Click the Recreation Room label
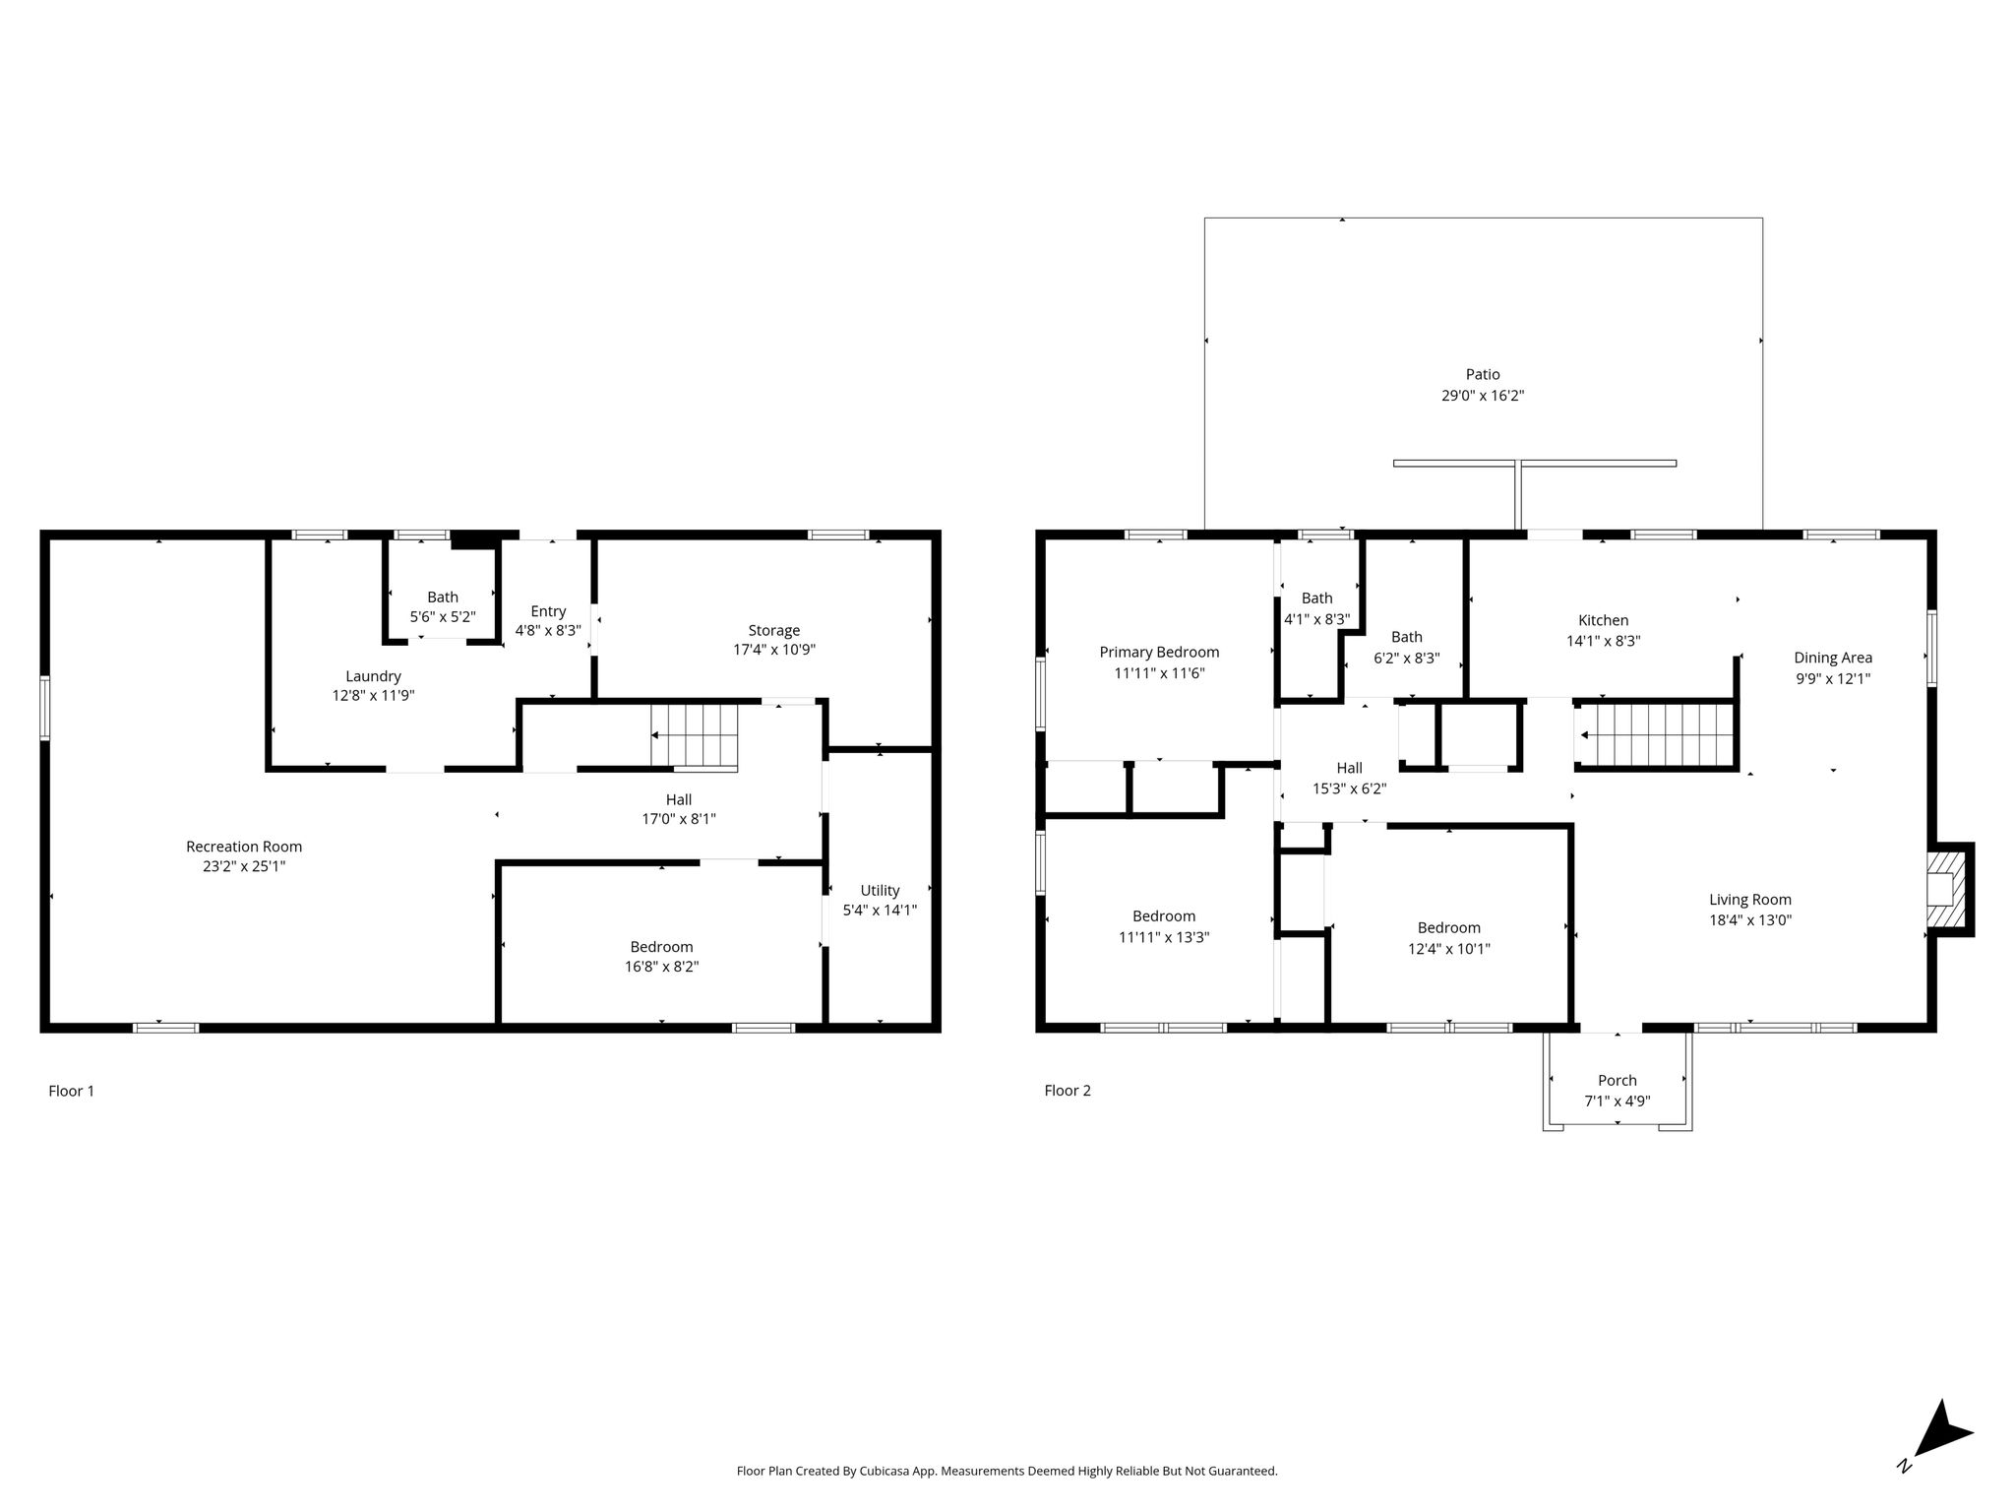(244, 847)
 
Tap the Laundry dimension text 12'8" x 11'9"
(373, 695)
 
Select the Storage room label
(774, 630)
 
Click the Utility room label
(880, 890)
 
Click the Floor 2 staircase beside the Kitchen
(1655, 734)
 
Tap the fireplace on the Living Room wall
(1945, 889)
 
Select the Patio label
(1483, 374)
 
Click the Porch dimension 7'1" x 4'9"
(1617, 1102)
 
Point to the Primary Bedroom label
(1159, 652)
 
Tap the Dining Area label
(1833, 658)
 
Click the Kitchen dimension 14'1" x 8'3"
(1604, 641)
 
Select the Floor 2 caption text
(1068, 1090)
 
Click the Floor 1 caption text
(72, 1091)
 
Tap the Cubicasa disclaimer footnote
(1007, 1471)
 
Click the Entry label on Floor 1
(548, 611)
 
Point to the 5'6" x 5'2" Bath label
(443, 597)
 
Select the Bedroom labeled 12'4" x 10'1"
(1449, 927)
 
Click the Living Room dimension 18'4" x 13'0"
(1750, 920)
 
